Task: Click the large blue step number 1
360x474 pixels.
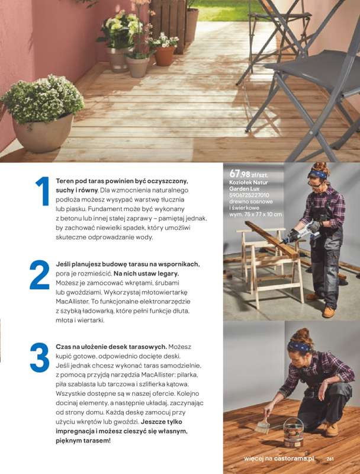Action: pyautogui.click(x=43, y=191)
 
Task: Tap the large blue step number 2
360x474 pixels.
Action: pyautogui.click(x=40, y=274)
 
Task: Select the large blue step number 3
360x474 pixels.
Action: pyautogui.click(x=40, y=357)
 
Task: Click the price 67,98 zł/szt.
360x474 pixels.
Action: pyautogui.click(x=249, y=174)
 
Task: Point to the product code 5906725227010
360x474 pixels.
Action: pyautogui.click(x=249, y=196)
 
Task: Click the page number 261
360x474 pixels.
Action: pyautogui.click(x=330, y=459)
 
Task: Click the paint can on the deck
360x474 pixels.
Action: pyautogui.click(x=293, y=432)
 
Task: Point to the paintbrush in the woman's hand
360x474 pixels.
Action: pyautogui.click(x=263, y=425)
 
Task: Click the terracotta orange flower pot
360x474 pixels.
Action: pyautogui.click(x=165, y=55)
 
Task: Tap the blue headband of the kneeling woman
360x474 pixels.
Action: pyautogui.click(x=299, y=346)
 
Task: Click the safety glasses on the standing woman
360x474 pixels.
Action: pyautogui.click(x=314, y=184)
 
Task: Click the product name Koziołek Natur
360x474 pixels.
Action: pyautogui.click(x=249, y=182)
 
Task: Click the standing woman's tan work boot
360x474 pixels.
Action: pyautogui.click(x=329, y=312)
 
